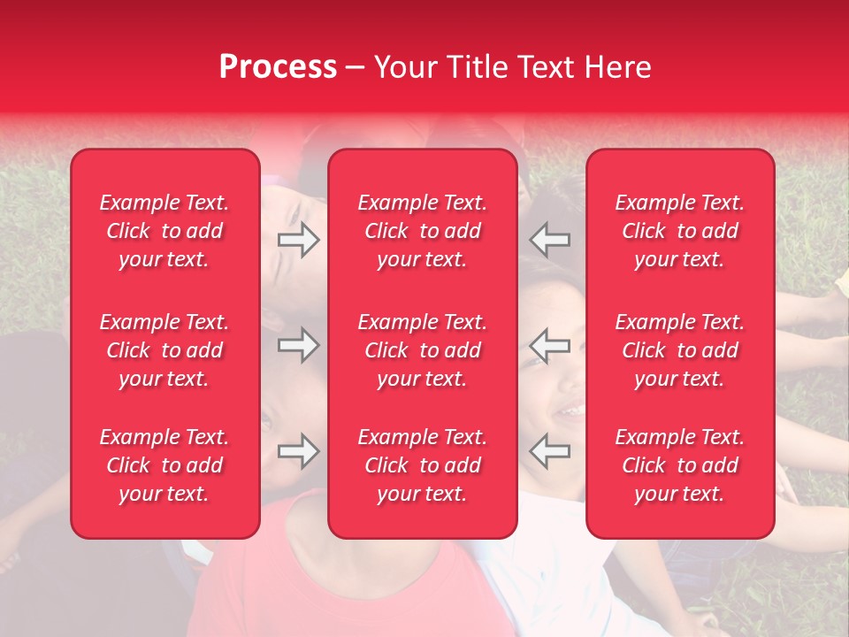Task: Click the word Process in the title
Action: pyautogui.click(x=278, y=67)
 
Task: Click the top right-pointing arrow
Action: pyautogui.click(x=299, y=240)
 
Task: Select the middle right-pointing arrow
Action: pyautogui.click(x=299, y=345)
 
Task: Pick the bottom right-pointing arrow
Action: pyautogui.click(x=299, y=451)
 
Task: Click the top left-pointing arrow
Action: pyautogui.click(x=549, y=240)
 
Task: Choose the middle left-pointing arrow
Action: pyautogui.click(x=549, y=345)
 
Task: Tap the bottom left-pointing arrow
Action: pyautogui.click(x=549, y=451)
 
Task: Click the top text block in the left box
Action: pyautogui.click(x=164, y=231)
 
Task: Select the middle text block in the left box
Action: pyautogui.click(x=164, y=350)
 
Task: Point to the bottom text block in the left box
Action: pyautogui.click(x=164, y=465)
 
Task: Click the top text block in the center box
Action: pyautogui.click(x=422, y=231)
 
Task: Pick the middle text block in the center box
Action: pyautogui.click(x=422, y=350)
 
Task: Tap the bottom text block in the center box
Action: pyautogui.click(x=422, y=465)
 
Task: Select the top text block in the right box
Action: pyautogui.click(x=679, y=231)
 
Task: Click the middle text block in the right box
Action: pyautogui.click(x=679, y=350)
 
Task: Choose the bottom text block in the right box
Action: pyautogui.click(x=679, y=465)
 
